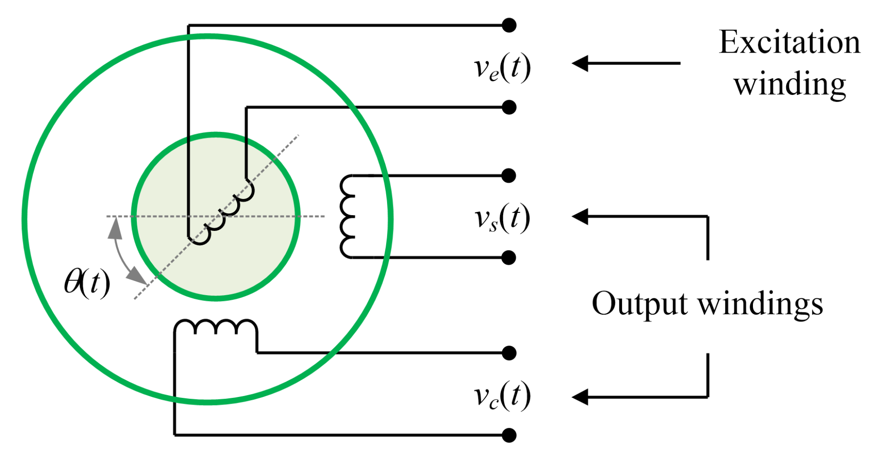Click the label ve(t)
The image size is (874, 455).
[502, 68]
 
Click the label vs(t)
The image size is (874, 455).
[502, 218]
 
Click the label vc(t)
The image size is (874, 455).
[502, 396]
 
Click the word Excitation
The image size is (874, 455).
[789, 43]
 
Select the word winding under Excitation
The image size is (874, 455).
[790, 84]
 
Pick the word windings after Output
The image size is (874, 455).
[760, 304]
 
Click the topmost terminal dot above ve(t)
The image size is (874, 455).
[509, 25]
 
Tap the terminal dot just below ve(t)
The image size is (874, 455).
[509, 107]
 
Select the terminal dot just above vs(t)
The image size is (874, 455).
[509, 176]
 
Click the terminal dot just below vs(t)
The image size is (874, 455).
[509, 257]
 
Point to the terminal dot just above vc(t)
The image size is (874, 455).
[509, 353]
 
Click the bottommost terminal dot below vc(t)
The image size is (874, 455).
[509, 435]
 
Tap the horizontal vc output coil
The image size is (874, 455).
[216, 327]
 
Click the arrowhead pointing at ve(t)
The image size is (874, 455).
[581, 63]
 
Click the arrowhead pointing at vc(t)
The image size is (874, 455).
[581, 397]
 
